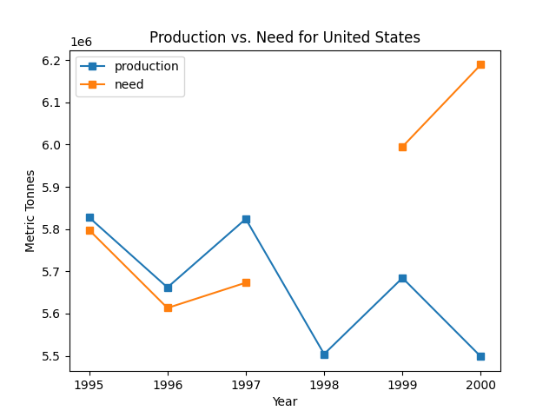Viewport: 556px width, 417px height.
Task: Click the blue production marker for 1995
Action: tap(89, 217)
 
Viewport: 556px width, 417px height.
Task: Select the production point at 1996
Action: tap(168, 288)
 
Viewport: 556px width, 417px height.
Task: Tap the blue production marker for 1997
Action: tap(246, 219)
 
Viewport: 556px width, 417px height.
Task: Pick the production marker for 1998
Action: tap(324, 354)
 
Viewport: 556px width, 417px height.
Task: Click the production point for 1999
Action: tap(402, 278)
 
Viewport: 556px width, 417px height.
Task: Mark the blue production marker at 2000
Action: tap(480, 356)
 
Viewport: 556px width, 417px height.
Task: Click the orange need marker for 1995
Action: tap(89, 230)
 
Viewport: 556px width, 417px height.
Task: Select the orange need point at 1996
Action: tap(168, 308)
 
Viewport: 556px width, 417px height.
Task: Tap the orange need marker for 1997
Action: tap(246, 282)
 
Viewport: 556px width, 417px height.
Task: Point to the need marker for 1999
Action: tap(402, 147)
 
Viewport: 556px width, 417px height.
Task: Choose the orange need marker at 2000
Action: tap(480, 64)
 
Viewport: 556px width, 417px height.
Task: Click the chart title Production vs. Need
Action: tap(285, 37)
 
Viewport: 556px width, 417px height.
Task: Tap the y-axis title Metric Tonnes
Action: tap(30, 211)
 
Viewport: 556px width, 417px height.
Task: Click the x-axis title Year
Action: tap(285, 401)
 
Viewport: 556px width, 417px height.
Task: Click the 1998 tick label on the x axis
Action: tap(324, 384)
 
